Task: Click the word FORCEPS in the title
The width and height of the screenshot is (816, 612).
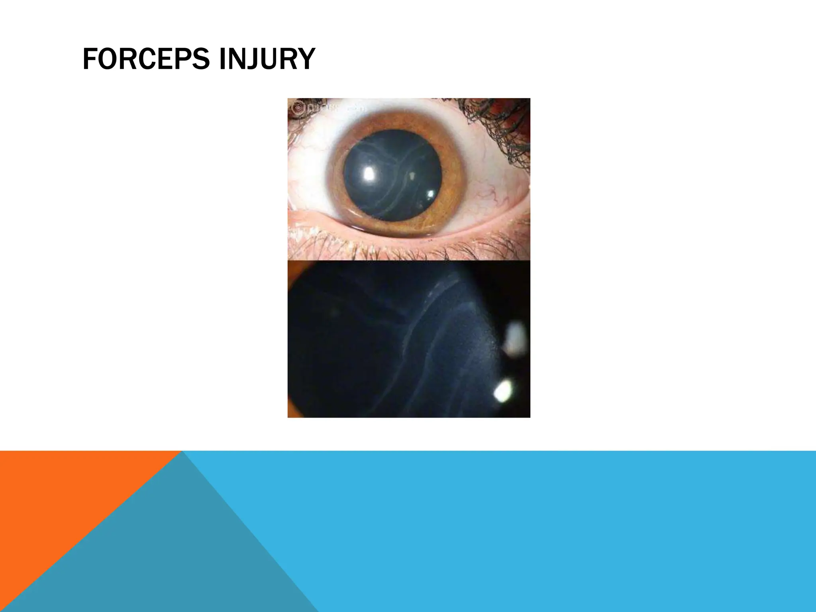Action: [x=146, y=59]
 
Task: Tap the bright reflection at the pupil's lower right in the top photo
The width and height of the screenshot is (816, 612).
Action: [x=430, y=194]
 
